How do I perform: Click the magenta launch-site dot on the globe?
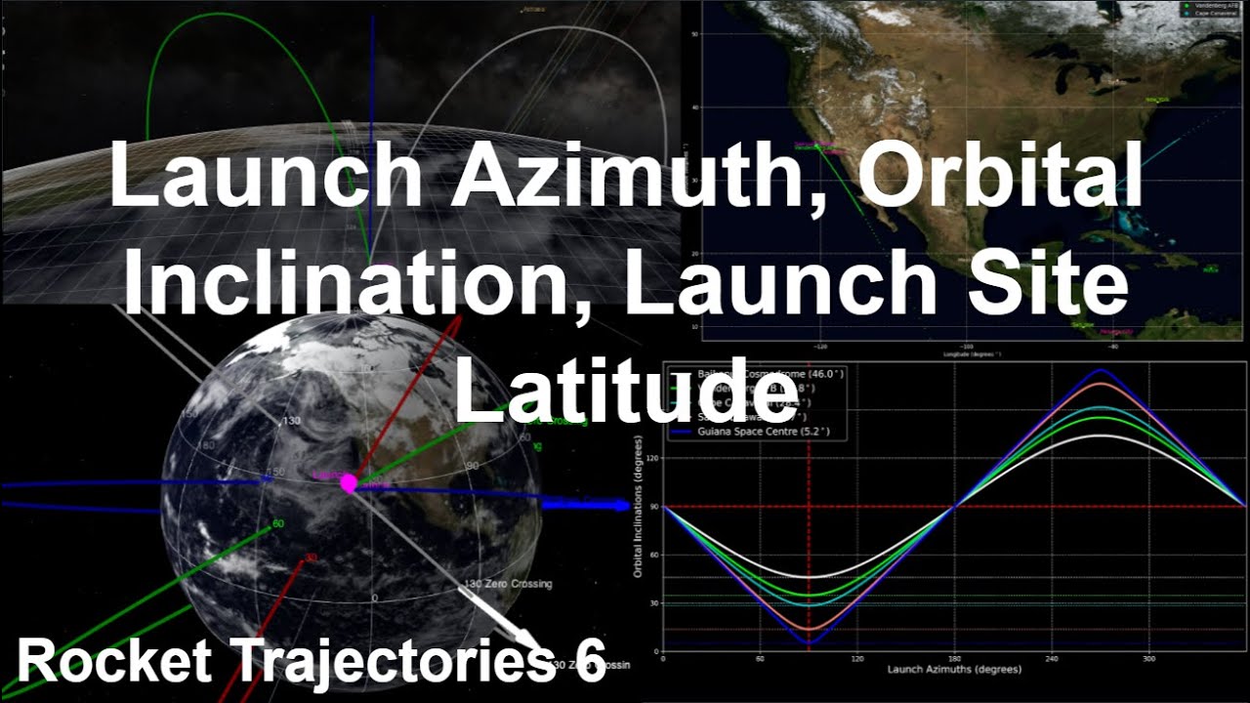[x=348, y=483]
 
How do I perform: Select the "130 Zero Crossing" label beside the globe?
[x=507, y=584]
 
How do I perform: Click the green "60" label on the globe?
[x=277, y=524]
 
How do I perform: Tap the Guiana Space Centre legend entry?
[x=771, y=431]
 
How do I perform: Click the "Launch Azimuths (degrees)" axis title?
[x=953, y=670]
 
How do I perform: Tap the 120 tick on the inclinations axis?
[x=652, y=457]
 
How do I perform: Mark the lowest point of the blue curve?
[x=809, y=642]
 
